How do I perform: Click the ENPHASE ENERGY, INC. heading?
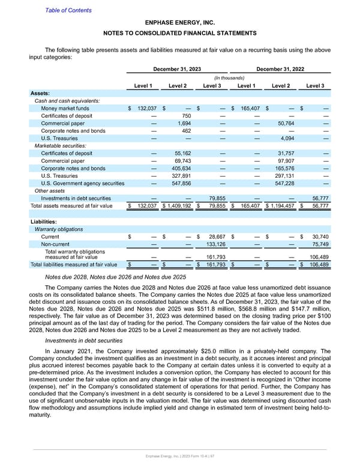180,22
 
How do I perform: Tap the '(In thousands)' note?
229,77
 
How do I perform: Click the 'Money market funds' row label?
66,108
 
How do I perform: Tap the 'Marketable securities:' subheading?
62,146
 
